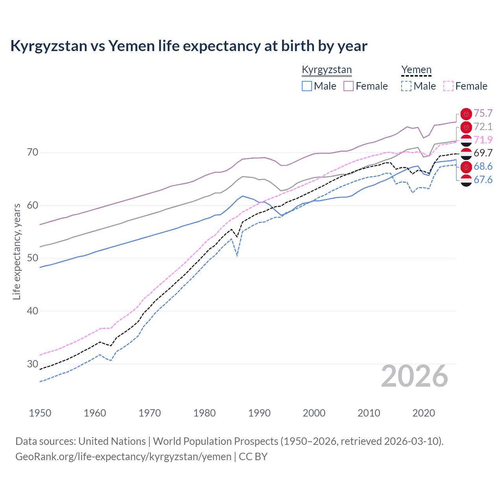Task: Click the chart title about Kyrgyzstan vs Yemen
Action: [x=189, y=46]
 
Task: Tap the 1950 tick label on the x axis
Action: [x=40, y=413]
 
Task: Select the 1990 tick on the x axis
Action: [x=259, y=413]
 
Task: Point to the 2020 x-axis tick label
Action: [x=424, y=413]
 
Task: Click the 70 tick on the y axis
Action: [x=33, y=152]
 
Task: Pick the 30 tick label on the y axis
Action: [x=33, y=364]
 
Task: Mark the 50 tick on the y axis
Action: [x=33, y=258]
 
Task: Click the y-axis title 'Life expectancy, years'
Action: [x=17, y=251]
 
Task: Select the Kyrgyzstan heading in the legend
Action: [x=327, y=70]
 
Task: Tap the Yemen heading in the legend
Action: [x=416, y=70]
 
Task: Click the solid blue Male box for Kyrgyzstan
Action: [x=307, y=86]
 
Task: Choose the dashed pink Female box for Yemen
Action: [x=448, y=86]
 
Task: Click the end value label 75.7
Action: [x=483, y=114]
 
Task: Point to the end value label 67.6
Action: [x=483, y=180]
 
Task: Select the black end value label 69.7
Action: [x=483, y=153]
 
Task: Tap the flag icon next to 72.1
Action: [x=466, y=127]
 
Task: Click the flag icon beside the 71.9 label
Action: [x=466, y=140]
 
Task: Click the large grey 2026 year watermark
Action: [x=415, y=376]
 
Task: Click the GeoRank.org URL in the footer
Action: [x=123, y=457]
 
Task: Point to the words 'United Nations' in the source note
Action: [x=112, y=441]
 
